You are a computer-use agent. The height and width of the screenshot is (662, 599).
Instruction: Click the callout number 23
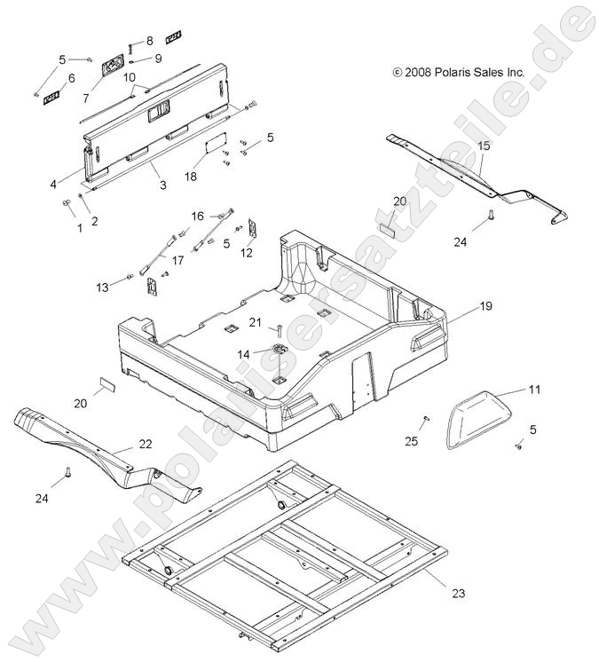(457, 593)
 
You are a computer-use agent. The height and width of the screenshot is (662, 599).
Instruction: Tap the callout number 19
(485, 305)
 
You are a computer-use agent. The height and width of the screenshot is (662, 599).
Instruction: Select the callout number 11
(533, 390)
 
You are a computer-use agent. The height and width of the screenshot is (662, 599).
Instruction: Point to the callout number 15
(484, 145)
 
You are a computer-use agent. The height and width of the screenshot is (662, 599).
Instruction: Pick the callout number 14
(243, 353)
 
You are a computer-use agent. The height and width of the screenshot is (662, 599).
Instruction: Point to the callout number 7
(87, 98)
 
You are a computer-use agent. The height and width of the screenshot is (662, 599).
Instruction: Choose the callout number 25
(411, 441)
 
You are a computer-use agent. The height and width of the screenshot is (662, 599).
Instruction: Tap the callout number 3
(163, 185)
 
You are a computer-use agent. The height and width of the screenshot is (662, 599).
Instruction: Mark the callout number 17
(177, 260)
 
